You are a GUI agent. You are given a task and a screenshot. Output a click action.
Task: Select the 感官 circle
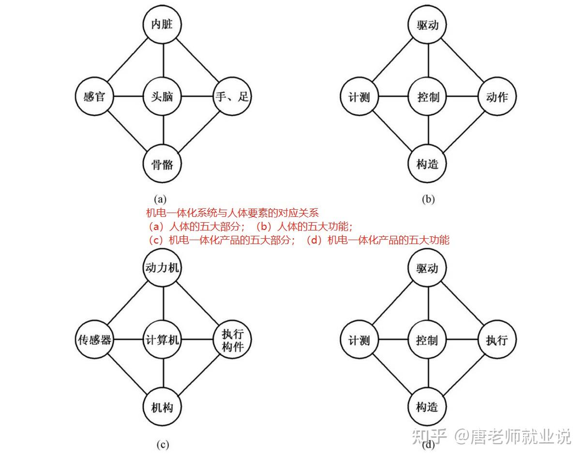(94, 97)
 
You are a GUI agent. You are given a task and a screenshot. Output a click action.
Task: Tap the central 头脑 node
(163, 97)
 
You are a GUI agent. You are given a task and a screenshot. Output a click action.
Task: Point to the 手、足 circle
(232, 97)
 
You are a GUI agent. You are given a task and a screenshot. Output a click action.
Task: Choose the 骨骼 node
(163, 164)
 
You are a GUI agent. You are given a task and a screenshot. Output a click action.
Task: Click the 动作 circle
(496, 97)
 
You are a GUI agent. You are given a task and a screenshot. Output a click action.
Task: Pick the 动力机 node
(163, 268)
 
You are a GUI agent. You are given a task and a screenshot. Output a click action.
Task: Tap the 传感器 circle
(95, 340)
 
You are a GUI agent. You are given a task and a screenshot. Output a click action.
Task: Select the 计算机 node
(163, 340)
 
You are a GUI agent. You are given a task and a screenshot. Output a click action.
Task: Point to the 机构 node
(163, 407)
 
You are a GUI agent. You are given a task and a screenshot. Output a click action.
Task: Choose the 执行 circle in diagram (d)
(496, 340)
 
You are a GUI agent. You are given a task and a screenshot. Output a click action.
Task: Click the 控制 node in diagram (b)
(428, 97)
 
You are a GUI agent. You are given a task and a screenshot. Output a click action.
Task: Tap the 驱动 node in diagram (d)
(428, 268)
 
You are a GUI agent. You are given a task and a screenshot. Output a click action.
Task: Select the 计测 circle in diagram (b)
(360, 97)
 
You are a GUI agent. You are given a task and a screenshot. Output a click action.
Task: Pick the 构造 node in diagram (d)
(428, 407)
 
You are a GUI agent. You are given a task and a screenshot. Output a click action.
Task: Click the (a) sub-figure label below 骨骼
(160, 199)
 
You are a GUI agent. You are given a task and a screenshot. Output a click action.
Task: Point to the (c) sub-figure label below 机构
(162, 445)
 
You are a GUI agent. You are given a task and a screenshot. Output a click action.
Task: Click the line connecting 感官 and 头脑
(128, 97)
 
